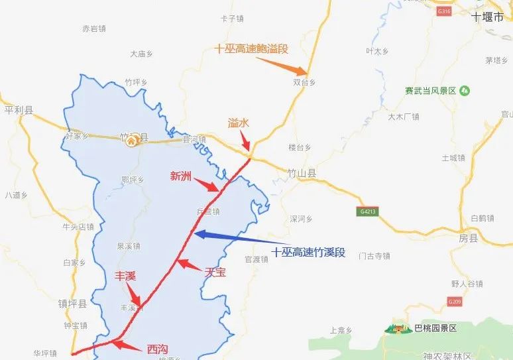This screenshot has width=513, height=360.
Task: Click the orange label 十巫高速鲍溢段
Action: coord(251,49)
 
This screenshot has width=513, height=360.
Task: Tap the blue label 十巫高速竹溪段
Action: coord(309,253)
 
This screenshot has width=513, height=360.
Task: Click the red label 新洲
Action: coord(181,176)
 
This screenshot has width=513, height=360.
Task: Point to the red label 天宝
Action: coord(217,272)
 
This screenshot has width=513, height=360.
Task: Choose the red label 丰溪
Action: coord(126,276)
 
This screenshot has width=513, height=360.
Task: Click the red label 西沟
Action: coord(158,348)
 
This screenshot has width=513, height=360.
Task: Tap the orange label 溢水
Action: coord(239,123)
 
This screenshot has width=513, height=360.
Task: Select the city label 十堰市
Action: coord(488,18)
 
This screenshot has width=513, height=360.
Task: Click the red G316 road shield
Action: coord(444,12)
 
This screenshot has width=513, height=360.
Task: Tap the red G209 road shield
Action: coord(455,302)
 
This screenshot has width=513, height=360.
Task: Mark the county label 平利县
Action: coord(19,110)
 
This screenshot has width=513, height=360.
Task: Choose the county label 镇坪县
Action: coord(72,304)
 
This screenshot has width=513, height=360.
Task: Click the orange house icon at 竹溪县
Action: coord(133,140)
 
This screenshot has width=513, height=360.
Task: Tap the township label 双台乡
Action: coord(304,82)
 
